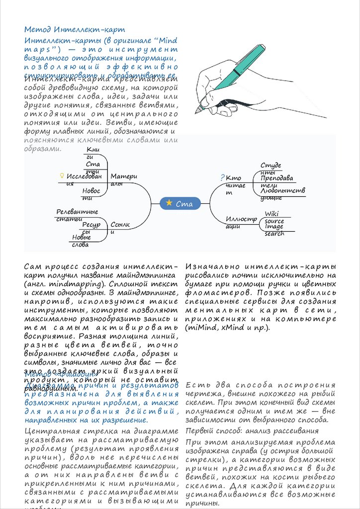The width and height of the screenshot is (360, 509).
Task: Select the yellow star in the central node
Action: click(x=170, y=203)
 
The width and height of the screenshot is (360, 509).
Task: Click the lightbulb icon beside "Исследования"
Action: click(x=62, y=176)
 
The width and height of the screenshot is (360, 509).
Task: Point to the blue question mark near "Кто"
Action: click(x=222, y=178)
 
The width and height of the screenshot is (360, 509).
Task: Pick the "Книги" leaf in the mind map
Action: click(x=92, y=153)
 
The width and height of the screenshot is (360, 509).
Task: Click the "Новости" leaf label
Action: click(x=91, y=194)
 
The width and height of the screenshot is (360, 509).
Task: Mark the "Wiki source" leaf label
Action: click(x=274, y=217)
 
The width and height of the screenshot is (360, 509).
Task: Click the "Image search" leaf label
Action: click(x=274, y=230)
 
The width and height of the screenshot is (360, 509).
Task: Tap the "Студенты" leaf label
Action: click(x=270, y=169)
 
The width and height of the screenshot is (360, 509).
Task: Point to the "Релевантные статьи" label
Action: click(x=77, y=215)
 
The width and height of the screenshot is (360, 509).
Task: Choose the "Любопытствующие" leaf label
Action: click(x=282, y=193)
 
